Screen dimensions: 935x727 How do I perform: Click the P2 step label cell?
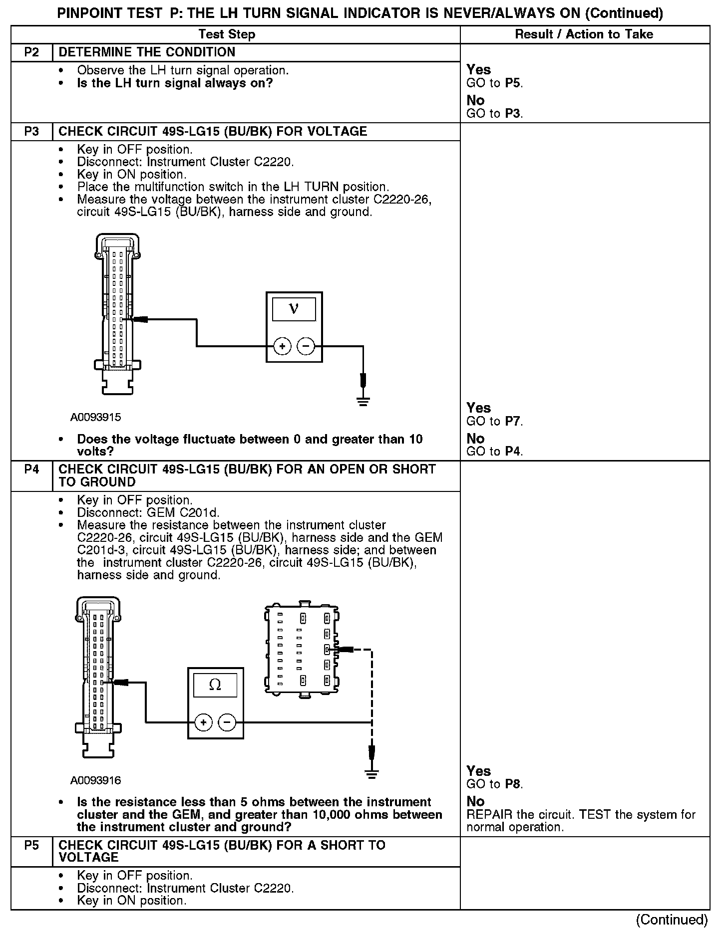[x=31, y=52]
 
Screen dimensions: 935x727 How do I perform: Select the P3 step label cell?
[x=31, y=132]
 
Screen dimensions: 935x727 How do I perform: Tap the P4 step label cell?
[x=31, y=469]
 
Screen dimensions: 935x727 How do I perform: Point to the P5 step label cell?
[x=31, y=845]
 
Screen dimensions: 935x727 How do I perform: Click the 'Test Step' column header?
[x=227, y=34]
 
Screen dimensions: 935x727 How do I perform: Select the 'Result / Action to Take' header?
[x=584, y=34]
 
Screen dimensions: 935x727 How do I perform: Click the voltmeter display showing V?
[x=294, y=309]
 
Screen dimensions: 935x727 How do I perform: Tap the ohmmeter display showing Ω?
[x=215, y=685]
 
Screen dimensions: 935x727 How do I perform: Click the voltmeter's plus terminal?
[x=282, y=346]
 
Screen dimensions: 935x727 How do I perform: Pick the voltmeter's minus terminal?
[x=306, y=346]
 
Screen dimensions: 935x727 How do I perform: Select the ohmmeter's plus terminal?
[x=203, y=722]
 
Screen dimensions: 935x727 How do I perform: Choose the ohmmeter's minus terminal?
[x=227, y=722]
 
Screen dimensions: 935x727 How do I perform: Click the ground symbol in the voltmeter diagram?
[x=363, y=401]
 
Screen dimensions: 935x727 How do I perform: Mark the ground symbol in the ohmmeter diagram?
[x=371, y=775]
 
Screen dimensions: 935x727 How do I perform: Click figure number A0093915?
[x=95, y=417]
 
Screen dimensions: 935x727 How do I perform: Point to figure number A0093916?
[x=95, y=780]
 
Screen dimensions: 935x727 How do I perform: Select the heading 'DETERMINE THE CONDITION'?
[x=147, y=52]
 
